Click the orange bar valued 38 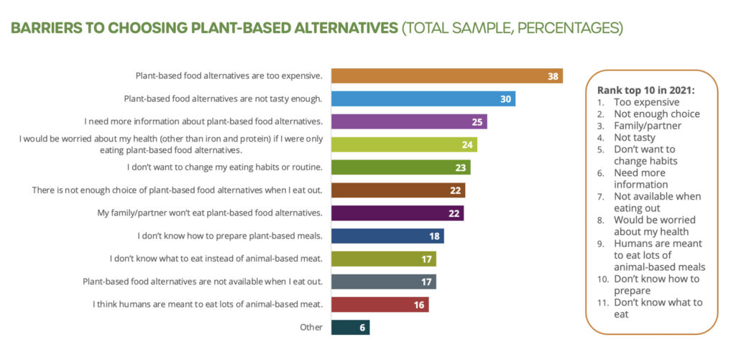(446, 76)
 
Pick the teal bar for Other (350, 327)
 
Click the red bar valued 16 (379, 304)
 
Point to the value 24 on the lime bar (467, 144)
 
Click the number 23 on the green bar (461, 167)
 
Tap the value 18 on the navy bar (434, 236)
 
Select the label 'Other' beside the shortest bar (311, 327)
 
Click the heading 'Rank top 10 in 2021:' (645, 91)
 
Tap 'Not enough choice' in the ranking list (656, 114)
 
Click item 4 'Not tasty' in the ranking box (635, 137)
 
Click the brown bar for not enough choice (398, 190)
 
